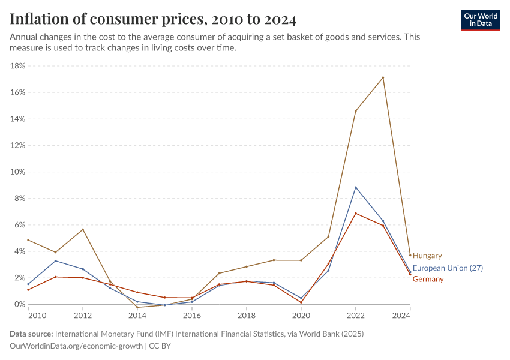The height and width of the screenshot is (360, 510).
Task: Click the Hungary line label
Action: click(427, 256)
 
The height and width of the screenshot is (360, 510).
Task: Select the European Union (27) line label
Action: click(448, 268)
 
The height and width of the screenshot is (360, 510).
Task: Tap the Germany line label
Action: click(428, 279)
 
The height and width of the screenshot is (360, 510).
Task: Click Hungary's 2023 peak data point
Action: click(383, 77)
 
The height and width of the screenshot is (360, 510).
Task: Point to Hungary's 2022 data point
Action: click(356, 111)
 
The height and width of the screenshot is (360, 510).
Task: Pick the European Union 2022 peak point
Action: click(356, 187)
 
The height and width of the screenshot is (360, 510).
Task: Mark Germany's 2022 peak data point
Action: click(356, 214)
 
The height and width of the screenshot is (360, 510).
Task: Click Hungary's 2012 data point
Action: click(83, 229)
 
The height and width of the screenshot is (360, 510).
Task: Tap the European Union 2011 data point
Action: click(56, 260)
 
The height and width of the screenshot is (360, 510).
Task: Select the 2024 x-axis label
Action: click(409, 315)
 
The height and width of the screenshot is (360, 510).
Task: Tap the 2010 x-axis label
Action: click(37, 315)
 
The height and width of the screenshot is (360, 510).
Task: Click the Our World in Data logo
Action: click(481, 20)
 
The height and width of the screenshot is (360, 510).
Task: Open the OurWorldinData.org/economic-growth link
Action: click(77, 346)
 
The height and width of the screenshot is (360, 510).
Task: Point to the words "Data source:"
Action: click(31, 334)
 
